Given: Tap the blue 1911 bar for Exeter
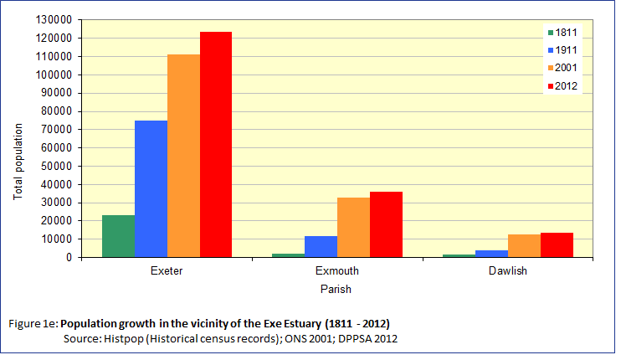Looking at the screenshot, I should [x=151, y=188].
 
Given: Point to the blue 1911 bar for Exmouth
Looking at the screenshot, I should [x=321, y=246].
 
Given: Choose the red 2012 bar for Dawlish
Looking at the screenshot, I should [x=557, y=244].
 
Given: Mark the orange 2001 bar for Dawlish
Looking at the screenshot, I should [x=525, y=245].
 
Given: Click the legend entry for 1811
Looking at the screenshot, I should [x=562, y=33].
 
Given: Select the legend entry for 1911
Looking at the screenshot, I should [x=562, y=50].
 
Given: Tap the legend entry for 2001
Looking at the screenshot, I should [x=562, y=68].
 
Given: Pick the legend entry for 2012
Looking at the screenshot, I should [x=562, y=85].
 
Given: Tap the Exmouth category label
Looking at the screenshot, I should [x=337, y=272].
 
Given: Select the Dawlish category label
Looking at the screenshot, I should [x=508, y=272].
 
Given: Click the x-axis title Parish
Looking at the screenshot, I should [x=336, y=290].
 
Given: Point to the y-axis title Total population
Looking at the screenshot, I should [x=18, y=162].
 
